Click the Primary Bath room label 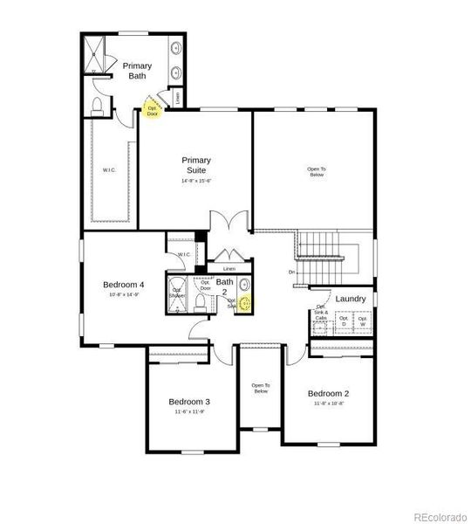click(x=138, y=71)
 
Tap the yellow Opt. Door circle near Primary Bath click(x=153, y=110)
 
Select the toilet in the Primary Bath click(x=99, y=106)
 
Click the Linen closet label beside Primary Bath click(x=178, y=98)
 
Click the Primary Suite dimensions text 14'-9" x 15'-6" click(x=196, y=181)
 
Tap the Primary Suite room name click(x=196, y=165)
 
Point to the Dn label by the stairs click(x=291, y=272)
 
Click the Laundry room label click(x=350, y=299)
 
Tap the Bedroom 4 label click(x=123, y=285)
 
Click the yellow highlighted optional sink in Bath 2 click(x=244, y=303)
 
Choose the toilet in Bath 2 click(x=201, y=302)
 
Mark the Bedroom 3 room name click(x=189, y=402)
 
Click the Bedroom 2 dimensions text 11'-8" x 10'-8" click(x=328, y=403)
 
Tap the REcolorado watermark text click(x=438, y=514)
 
